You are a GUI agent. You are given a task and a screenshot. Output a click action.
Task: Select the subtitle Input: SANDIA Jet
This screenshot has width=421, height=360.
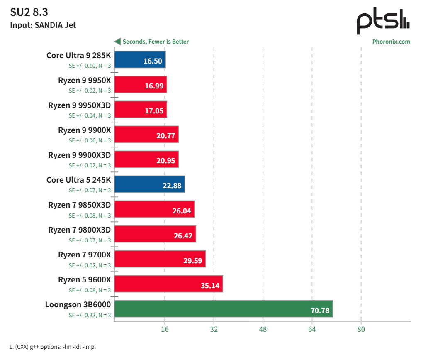click(43, 25)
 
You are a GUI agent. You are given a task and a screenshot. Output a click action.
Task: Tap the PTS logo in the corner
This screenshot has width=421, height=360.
click(383, 22)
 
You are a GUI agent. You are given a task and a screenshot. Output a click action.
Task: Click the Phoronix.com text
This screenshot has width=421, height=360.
click(391, 42)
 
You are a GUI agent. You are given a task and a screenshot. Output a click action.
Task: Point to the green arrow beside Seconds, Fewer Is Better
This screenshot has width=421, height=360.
click(117, 42)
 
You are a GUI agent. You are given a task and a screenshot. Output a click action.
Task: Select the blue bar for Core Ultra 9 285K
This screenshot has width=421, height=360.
click(140, 59)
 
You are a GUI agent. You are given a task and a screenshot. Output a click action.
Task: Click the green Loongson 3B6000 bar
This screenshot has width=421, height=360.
click(223, 309)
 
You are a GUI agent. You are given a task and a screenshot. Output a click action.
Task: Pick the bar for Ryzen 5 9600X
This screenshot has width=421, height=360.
click(168, 284)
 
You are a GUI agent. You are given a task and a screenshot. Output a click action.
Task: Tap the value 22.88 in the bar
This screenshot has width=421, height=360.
click(172, 186)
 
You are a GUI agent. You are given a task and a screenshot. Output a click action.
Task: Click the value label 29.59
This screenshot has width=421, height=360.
click(193, 261)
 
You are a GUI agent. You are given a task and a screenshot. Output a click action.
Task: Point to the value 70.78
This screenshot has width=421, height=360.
click(320, 311)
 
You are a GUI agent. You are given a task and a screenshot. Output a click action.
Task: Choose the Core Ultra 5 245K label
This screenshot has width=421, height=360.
click(79, 180)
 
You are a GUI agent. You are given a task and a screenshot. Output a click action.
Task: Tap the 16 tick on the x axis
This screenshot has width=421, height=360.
click(165, 329)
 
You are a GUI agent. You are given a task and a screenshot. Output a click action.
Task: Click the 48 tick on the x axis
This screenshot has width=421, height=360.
click(263, 329)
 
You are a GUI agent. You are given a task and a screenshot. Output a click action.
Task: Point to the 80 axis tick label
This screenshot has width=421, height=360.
click(361, 329)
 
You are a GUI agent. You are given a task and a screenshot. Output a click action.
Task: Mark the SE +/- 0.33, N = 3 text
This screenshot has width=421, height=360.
click(90, 315)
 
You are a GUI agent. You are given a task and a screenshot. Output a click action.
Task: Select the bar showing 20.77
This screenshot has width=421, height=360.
click(146, 135)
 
